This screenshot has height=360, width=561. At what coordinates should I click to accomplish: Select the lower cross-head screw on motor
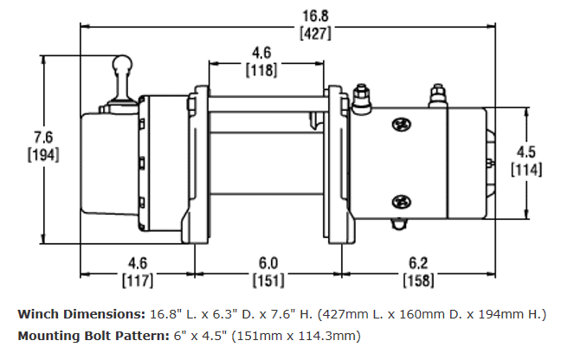(402, 202)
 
